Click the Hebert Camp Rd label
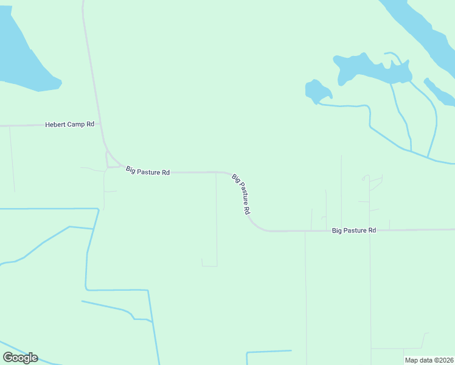[x=69, y=124]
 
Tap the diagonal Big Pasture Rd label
[x=241, y=194]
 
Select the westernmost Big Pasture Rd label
[x=148, y=172]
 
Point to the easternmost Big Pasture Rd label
[x=354, y=231]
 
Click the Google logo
[x=20, y=358]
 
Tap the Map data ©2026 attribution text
[x=429, y=360]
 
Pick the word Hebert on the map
[x=55, y=124]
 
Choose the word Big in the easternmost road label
[x=337, y=231]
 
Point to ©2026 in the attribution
[x=442, y=360]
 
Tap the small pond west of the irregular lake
[x=317, y=91]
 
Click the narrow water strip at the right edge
[x=439, y=92]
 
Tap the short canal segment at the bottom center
[x=269, y=352]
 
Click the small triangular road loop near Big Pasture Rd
[x=112, y=159]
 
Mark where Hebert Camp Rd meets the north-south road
[x=100, y=124]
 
